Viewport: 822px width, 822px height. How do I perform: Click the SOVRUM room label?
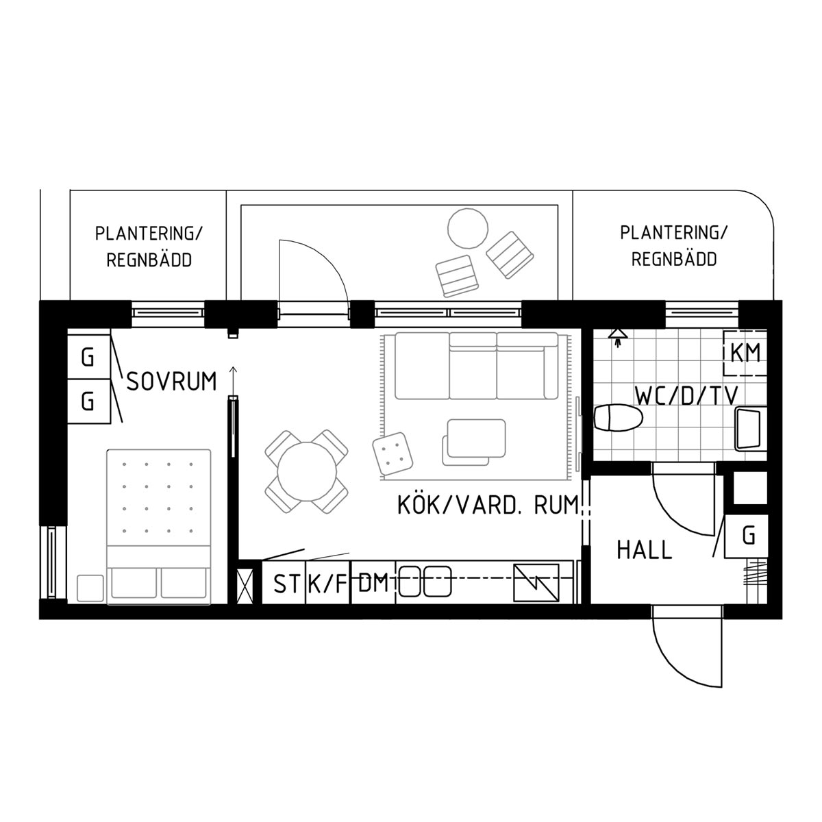(172, 382)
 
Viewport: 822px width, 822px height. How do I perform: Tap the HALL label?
(644, 550)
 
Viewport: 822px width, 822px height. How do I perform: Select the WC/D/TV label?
(686, 395)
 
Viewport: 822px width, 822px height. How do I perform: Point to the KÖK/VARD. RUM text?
(488, 505)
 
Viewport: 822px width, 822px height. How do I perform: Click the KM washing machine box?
(745, 353)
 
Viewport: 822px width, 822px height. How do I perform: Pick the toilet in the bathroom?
(618, 418)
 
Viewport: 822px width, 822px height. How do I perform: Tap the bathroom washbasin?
(750, 429)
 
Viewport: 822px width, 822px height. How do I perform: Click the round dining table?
(307, 471)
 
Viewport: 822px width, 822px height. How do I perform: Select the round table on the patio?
(468, 228)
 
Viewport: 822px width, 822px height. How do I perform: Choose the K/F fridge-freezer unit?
(327, 582)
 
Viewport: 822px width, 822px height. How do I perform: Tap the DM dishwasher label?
(373, 583)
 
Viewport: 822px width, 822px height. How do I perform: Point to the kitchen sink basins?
(425, 582)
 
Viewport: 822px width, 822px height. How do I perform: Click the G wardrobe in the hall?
(746, 536)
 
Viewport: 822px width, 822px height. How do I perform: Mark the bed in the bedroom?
(159, 527)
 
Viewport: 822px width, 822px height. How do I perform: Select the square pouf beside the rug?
(393, 453)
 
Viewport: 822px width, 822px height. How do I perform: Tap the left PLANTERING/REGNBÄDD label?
(149, 247)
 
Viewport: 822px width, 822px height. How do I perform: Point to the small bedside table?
(90, 588)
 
